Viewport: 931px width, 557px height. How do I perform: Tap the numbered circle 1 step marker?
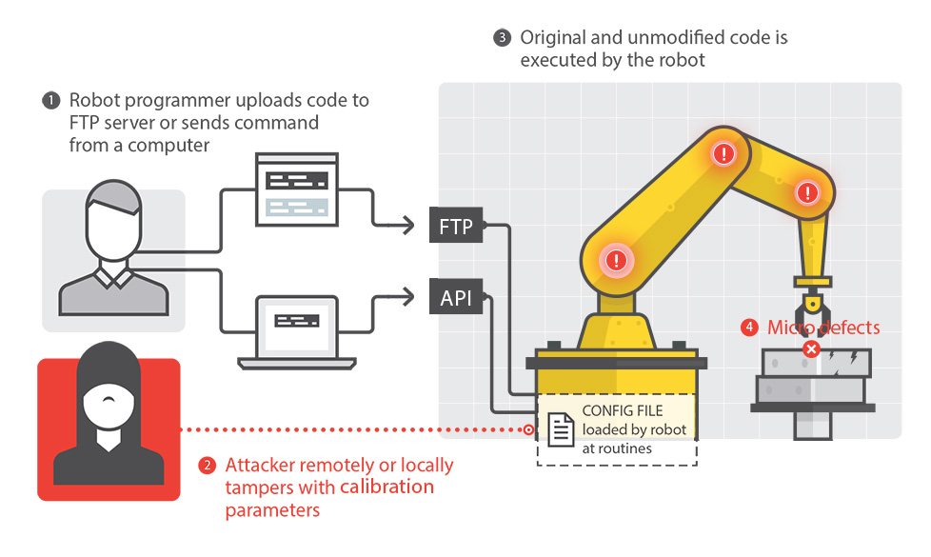pyautogui.click(x=50, y=101)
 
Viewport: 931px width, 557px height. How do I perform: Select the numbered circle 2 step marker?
pyautogui.click(x=207, y=467)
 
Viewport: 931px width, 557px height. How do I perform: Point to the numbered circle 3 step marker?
pyautogui.click(x=502, y=39)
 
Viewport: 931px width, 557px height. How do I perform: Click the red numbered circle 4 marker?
pyautogui.click(x=750, y=328)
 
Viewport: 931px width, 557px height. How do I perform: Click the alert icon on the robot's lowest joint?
pyautogui.click(x=618, y=258)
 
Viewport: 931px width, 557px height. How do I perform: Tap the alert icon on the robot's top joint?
pyautogui.click(x=724, y=152)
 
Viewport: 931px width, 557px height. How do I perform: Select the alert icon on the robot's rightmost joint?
pyautogui.click(x=809, y=193)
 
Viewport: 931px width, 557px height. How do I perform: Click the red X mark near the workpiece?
pyautogui.click(x=811, y=349)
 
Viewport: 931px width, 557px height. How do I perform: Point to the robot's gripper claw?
pyautogui.click(x=811, y=310)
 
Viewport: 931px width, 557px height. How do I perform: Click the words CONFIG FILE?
pyautogui.click(x=623, y=411)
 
